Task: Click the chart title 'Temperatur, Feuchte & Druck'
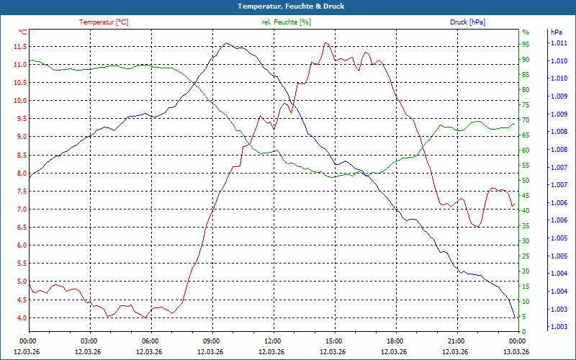(288, 6)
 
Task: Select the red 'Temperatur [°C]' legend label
(104, 22)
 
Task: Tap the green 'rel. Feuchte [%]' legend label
(287, 22)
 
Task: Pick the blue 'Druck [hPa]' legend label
(467, 22)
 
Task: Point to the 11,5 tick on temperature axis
(19, 47)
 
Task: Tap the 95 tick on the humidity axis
(526, 45)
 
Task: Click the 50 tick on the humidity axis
(526, 181)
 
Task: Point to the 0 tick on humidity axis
(523, 331)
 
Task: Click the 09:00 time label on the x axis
(211, 341)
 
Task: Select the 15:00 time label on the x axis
(333, 341)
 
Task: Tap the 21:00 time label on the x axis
(455, 341)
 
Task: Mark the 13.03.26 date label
(516, 352)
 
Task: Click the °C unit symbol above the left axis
(23, 32)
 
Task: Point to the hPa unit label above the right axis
(556, 32)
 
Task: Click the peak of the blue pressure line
(226, 43)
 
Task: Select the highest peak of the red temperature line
(326, 43)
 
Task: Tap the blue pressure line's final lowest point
(514, 316)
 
